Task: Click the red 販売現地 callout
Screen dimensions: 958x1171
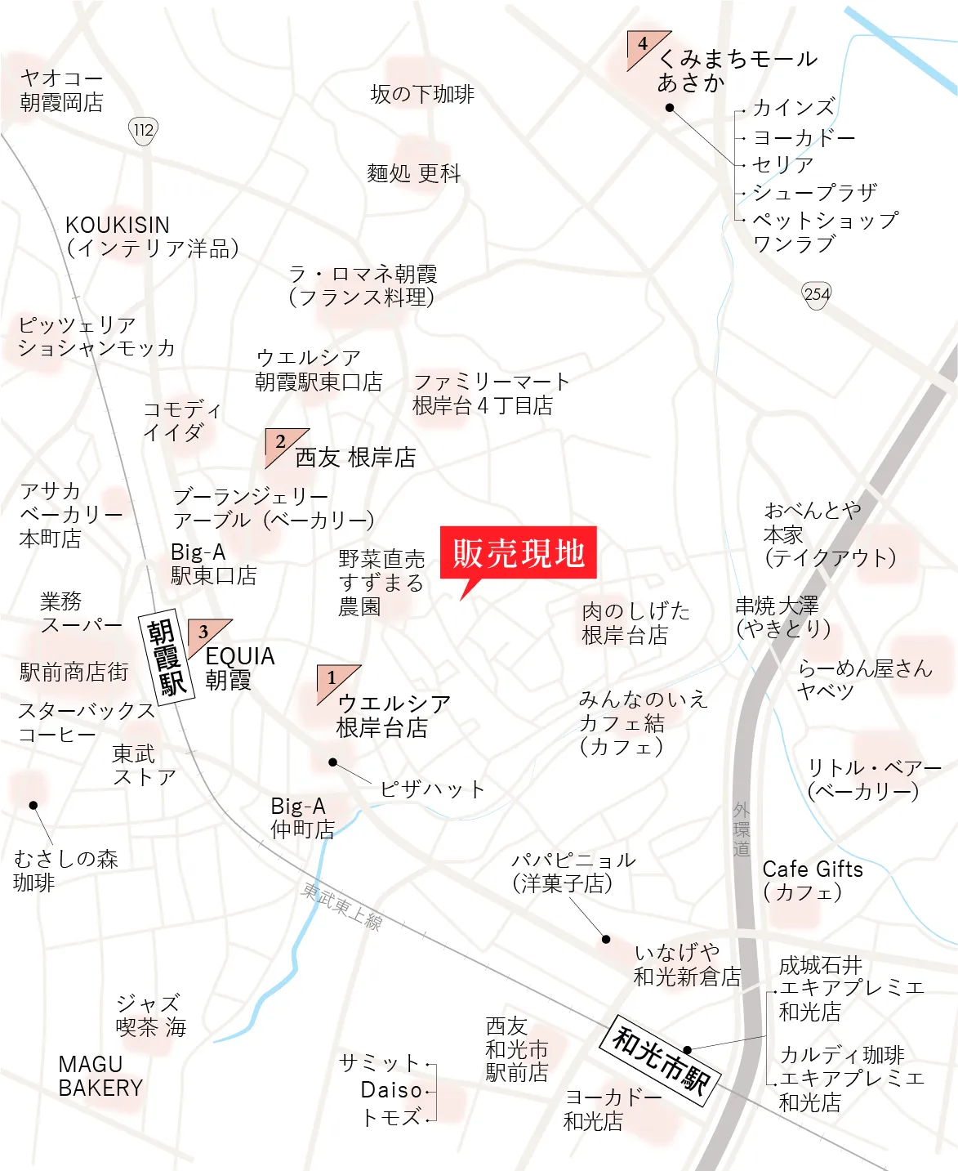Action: (518, 553)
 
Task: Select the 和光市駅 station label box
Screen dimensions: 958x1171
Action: (661, 1060)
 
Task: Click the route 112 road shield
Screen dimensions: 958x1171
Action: (143, 130)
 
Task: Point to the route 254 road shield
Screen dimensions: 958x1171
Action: (816, 294)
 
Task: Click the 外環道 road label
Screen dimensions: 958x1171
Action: (741, 829)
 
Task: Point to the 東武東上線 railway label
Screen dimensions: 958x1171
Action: (342, 905)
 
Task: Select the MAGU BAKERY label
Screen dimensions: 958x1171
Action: (100, 1076)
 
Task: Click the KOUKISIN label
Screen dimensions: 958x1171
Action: (118, 225)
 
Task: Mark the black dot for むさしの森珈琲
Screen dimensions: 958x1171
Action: (33, 805)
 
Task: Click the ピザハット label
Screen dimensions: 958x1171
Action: (432, 789)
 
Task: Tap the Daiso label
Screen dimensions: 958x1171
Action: (391, 1090)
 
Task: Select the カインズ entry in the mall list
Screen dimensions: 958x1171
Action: (793, 108)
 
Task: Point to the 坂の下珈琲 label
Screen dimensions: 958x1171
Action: (422, 94)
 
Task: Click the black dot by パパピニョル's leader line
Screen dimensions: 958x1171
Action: (606, 939)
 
